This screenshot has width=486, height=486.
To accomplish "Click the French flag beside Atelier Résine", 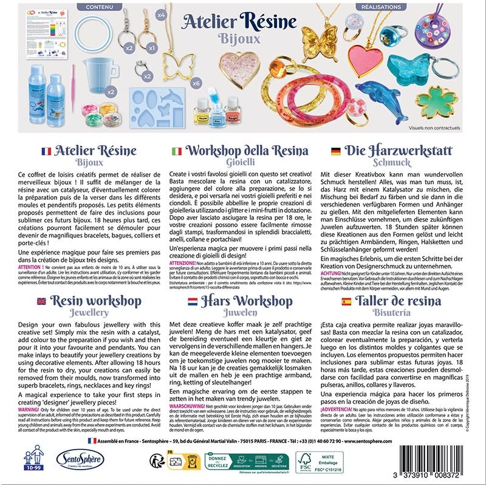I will pos(45,151).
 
